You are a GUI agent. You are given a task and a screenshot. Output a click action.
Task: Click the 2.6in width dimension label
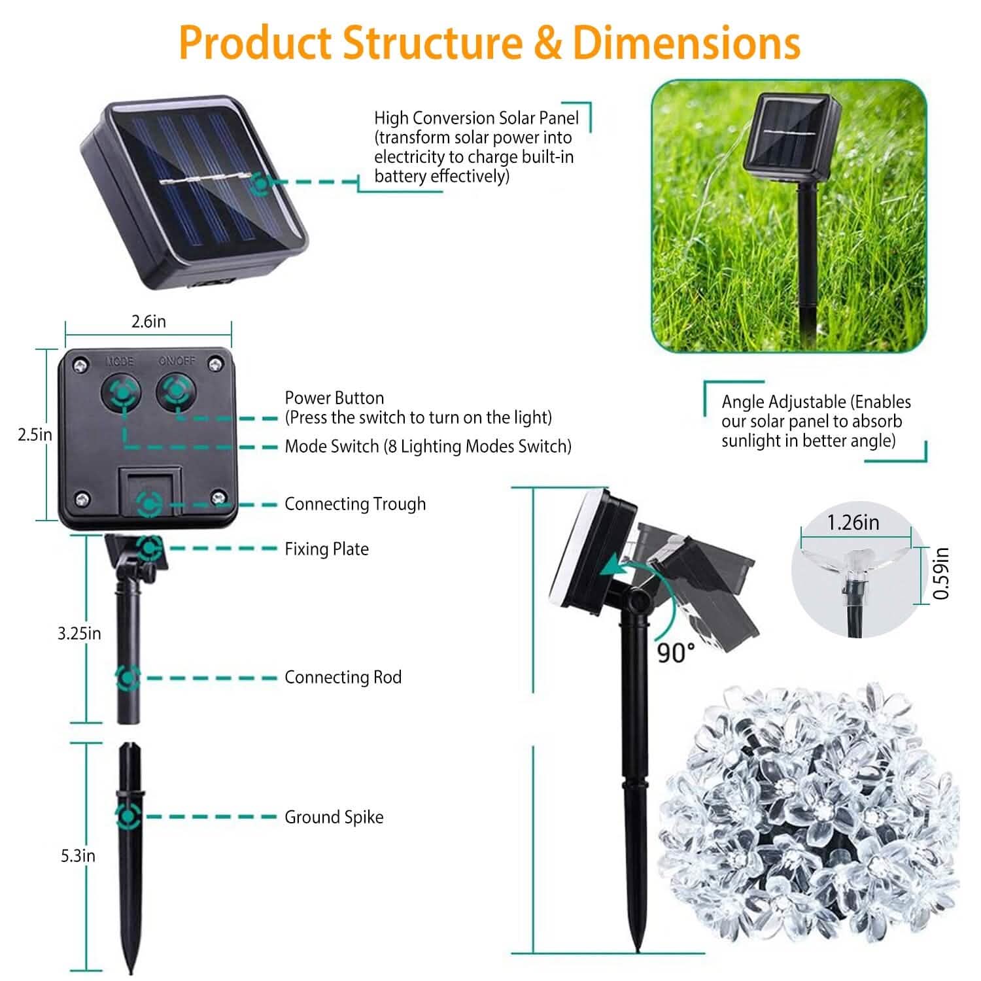[x=148, y=322]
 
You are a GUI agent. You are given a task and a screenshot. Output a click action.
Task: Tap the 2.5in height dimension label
[x=35, y=435]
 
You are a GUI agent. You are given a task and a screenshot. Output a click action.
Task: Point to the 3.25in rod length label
[x=79, y=633]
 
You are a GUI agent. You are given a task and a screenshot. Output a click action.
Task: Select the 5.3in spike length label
[x=78, y=855]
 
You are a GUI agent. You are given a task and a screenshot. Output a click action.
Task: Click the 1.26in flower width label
[x=853, y=523]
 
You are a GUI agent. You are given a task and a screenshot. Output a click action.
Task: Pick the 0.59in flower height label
[x=941, y=573]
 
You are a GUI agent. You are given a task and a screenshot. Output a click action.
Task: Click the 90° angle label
[x=676, y=652]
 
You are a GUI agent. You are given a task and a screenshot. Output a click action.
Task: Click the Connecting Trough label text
[x=355, y=504]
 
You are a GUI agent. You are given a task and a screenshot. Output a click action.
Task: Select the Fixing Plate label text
[x=326, y=549]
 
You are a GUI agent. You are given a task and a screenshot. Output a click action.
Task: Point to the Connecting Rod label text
[x=343, y=678]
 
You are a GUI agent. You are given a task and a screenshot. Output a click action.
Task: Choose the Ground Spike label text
[x=334, y=817]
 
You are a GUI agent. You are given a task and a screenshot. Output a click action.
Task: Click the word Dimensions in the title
[x=686, y=43]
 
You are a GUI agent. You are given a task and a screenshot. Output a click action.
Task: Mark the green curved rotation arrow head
[x=611, y=566]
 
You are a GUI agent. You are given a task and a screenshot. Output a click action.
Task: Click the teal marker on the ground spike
[x=128, y=816]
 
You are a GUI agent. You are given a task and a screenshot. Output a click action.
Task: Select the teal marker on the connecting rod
[x=128, y=678]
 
